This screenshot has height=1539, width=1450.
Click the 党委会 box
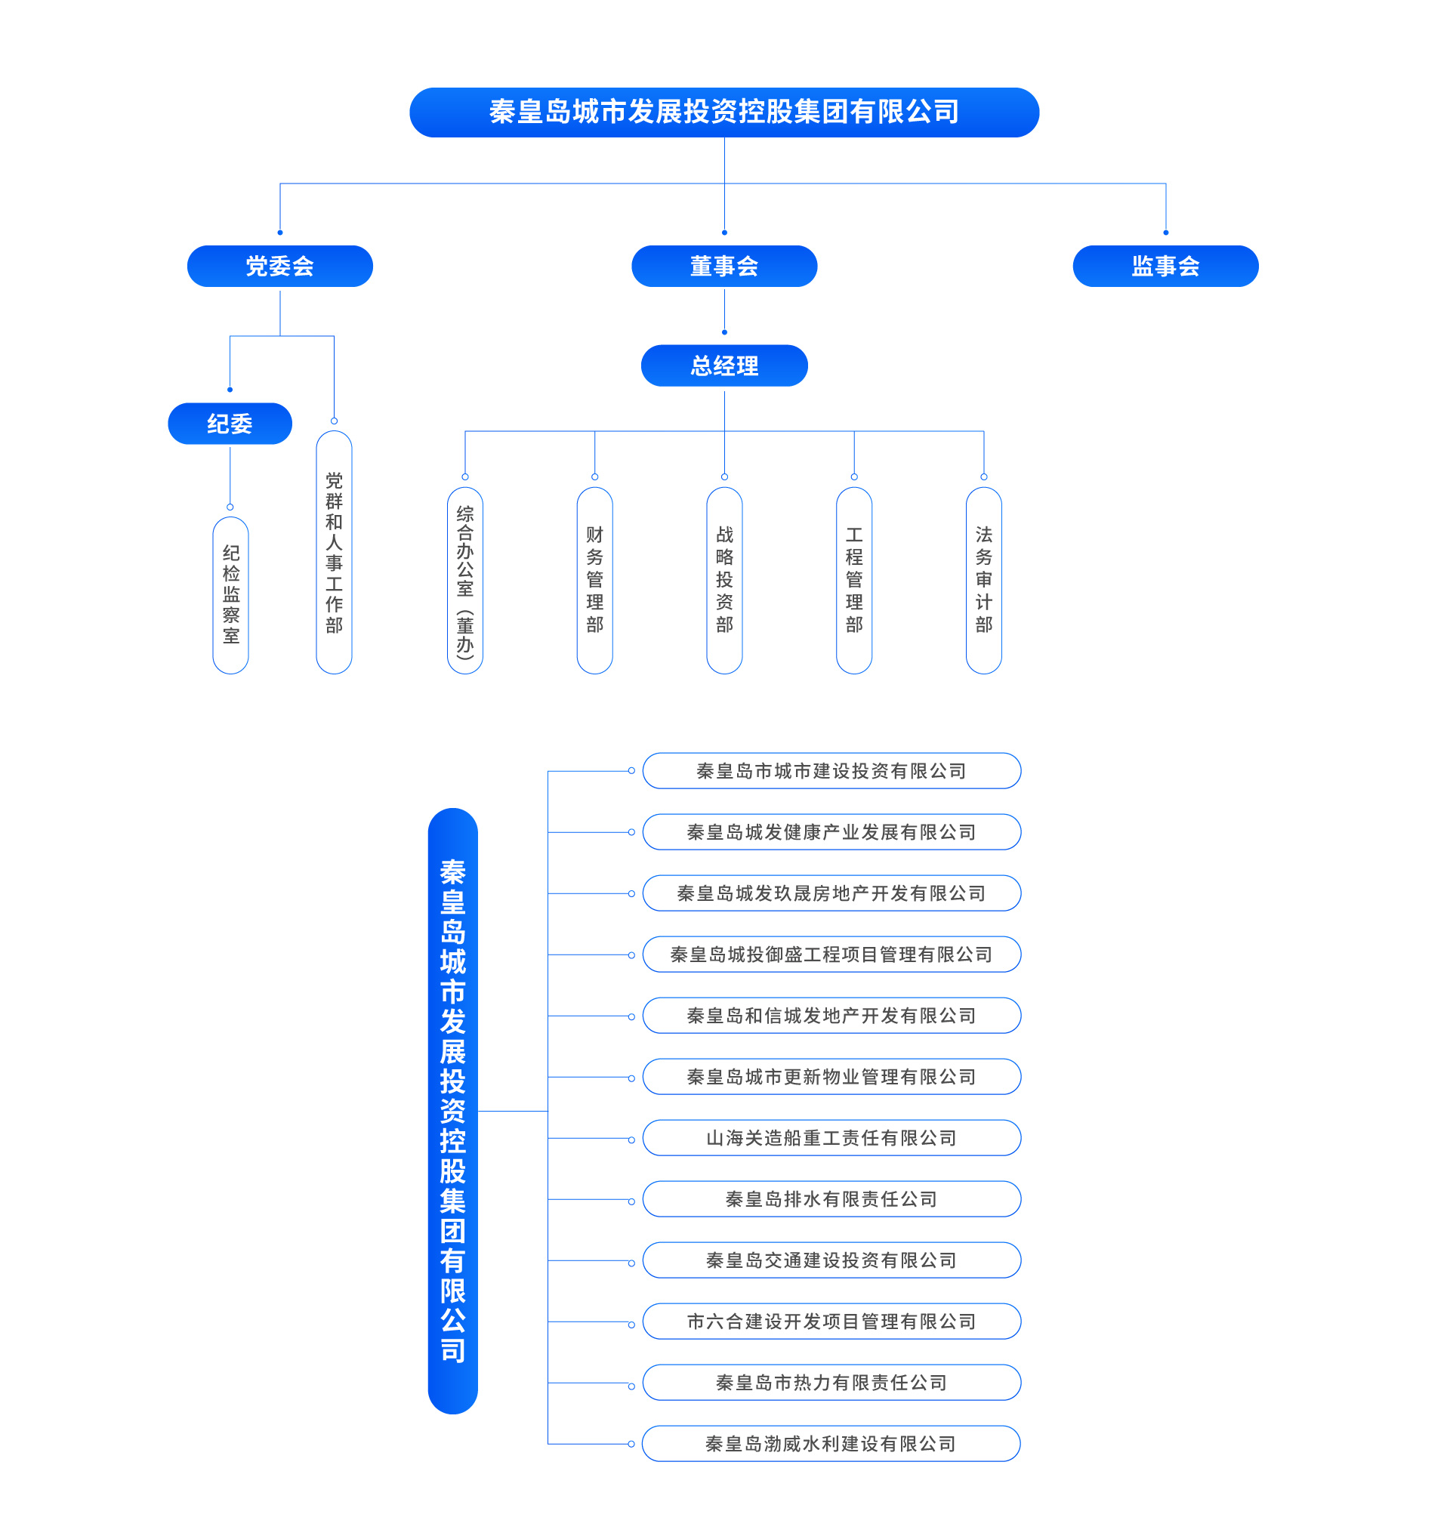click(279, 267)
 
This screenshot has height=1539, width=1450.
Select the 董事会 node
click(723, 267)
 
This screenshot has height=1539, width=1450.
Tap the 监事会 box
click(1165, 267)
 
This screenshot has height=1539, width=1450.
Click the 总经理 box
click(723, 365)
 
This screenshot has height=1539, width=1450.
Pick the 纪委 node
click(230, 424)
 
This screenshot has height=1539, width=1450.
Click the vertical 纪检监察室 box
click(230, 594)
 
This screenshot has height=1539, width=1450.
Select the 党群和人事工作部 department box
click(334, 552)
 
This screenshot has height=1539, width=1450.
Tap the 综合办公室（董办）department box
click(464, 581)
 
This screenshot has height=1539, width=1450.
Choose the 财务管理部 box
click(594, 581)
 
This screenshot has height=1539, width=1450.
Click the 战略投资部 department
click(723, 581)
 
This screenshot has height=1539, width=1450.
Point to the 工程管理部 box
click(854, 581)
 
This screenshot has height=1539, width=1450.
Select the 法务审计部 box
click(983, 581)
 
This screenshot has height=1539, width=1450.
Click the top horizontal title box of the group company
click(723, 113)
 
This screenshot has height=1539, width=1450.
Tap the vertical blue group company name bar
click(453, 1111)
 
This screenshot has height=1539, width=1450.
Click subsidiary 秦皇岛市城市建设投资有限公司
click(831, 771)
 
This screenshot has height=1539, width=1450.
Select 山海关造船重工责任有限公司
click(831, 1138)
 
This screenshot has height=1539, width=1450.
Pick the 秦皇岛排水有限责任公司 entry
click(831, 1199)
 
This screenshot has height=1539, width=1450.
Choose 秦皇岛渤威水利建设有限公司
click(831, 1444)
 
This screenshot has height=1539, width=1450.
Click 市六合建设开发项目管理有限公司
click(831, 1322)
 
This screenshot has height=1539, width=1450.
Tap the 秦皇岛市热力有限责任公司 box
click(831, 1383)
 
